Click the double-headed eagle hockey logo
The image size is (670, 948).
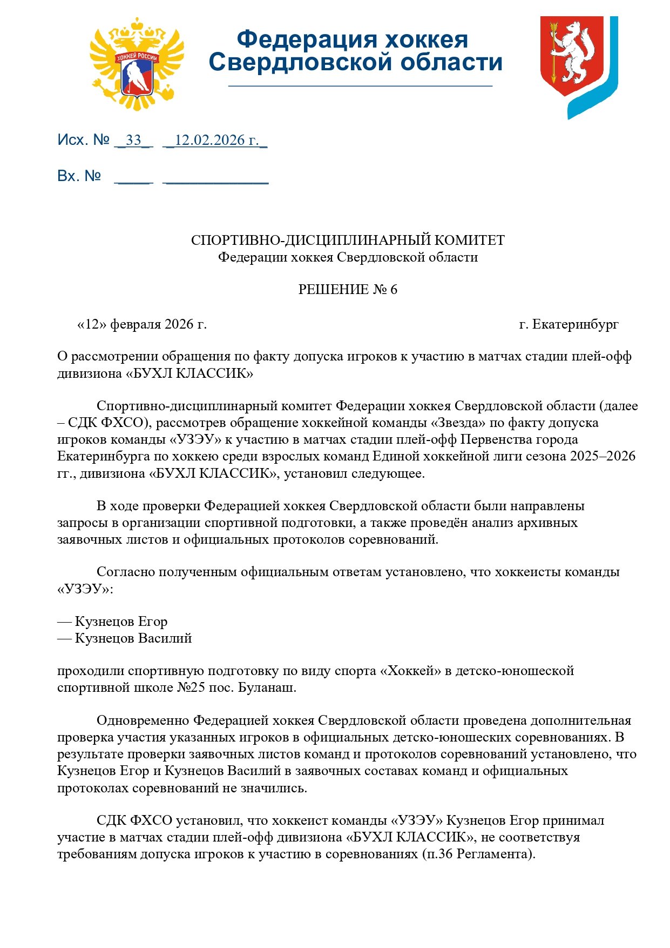137,64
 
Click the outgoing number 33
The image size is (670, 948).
133,140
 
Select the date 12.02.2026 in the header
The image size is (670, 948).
216,140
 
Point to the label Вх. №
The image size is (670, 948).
79,176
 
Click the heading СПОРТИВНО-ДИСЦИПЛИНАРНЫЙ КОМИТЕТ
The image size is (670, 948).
348,240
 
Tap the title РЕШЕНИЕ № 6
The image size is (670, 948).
348,290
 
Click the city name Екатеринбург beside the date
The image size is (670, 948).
575,324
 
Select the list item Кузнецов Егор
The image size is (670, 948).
121,622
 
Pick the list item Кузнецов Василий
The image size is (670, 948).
133,638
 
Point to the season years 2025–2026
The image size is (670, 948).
603,456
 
